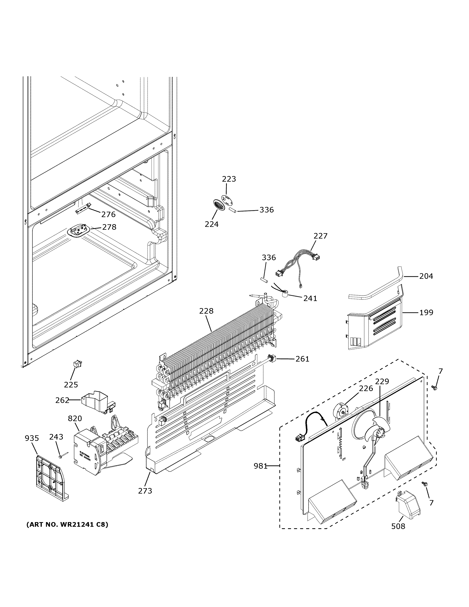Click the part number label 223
229,179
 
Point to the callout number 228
206,311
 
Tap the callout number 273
145,491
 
